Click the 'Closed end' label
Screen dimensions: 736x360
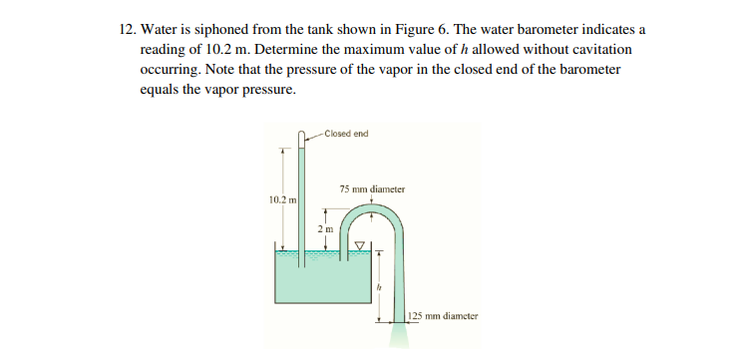(346, 134)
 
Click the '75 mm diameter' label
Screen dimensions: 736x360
(372, 187)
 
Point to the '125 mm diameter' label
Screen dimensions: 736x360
(444, 316)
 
